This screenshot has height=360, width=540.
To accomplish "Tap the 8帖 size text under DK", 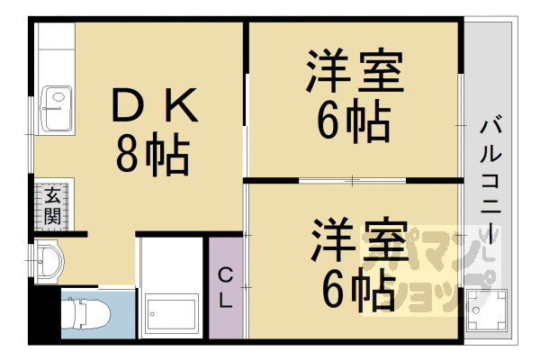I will pos(151,154).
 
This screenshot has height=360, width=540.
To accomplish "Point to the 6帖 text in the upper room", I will pos(353,121).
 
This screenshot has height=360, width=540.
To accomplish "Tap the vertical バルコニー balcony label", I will pos(490,175).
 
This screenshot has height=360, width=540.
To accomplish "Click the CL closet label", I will pos(227,287).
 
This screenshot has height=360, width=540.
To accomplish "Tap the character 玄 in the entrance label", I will pos(53,195).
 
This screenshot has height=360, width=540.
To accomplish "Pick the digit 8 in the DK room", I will pos(129,154).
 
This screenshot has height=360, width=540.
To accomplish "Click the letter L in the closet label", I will pos(227,301).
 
